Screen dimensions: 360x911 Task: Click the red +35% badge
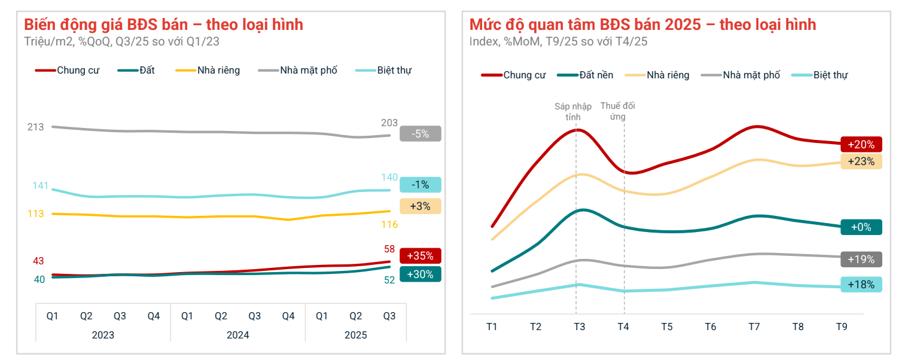(420, 256)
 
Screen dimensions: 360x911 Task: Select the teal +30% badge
(420, 274)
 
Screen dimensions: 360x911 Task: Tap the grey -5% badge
(420, 134)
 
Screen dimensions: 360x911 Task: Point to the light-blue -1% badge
(420, 185)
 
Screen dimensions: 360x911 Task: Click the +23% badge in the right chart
(861, 161)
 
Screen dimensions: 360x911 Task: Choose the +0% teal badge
(861, 227)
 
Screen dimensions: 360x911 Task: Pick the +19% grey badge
(861, 260)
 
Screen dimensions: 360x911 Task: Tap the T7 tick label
(754, 327)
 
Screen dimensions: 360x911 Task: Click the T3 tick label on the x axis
(579, 327)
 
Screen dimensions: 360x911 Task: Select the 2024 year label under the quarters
(237, 335)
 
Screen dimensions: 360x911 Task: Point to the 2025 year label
(355, 335)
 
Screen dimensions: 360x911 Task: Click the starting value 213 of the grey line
(36, 127)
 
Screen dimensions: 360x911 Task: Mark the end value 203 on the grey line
(389, 123)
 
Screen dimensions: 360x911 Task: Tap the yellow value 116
(389, 225)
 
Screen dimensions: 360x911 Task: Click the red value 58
(389, 249)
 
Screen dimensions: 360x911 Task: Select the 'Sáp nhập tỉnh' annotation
(573, 111)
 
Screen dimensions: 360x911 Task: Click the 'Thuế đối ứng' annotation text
(617, 111)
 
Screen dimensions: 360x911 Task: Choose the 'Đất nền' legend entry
(596, 75)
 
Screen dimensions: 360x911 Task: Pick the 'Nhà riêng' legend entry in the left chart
(218, 71)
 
